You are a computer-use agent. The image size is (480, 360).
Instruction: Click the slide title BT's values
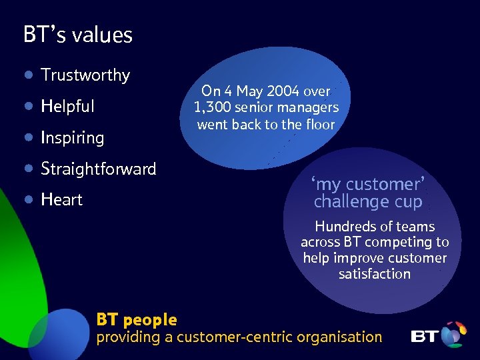coord(78,35)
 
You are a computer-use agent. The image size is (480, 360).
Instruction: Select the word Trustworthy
coord(85,75)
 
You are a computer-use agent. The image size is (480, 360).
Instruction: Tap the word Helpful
coord(67,107)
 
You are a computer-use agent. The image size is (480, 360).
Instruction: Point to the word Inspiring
coord(72,138)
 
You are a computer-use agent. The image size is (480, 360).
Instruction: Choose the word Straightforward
coord(99,169)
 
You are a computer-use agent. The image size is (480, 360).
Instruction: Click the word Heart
coord(61,199)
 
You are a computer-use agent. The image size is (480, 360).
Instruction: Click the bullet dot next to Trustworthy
coord(28,75)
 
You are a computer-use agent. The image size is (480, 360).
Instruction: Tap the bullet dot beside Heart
coord(28,199)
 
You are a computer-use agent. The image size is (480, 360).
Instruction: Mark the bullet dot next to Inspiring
coord(28,137)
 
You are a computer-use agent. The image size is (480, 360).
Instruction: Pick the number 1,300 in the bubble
coord(209,107)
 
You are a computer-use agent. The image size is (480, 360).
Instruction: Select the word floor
coord(319,124)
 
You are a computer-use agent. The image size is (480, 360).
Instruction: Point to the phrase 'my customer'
coord(368,184)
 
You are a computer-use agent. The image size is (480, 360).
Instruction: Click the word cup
coord(409,201)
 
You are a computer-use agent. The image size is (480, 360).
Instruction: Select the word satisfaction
coord(374,274)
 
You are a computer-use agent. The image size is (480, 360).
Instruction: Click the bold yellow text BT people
coord(137,320)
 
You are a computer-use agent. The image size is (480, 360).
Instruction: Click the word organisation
coord(339,337)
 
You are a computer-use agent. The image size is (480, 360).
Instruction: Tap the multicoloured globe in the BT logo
coord(453,334)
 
